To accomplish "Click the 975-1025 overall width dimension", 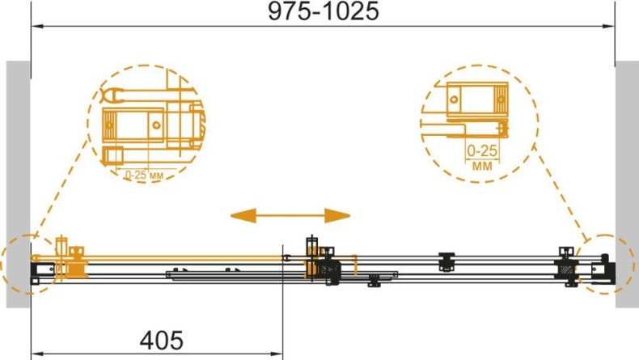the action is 324,11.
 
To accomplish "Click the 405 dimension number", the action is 162,341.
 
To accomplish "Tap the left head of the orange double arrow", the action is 243,215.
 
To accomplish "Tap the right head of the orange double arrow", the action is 337,215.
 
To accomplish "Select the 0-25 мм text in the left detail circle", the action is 144,176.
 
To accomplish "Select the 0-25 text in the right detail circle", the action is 482,150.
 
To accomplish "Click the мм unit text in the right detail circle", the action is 482,166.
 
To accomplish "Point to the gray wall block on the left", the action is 19,184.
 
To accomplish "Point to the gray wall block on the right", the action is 627,184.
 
